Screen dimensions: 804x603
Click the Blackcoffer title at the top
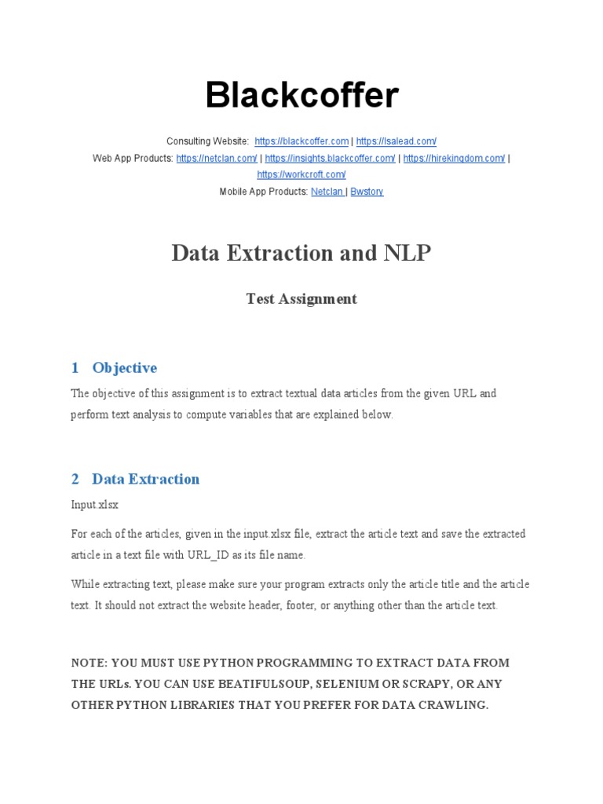click(x=301, y=96)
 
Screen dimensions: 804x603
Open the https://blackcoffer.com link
click(x=301, y=141)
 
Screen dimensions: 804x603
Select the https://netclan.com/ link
click(x=217, y=159)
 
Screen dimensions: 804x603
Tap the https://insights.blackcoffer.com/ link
click(x=330, y=159)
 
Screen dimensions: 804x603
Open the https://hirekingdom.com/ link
click(x=454, y=159)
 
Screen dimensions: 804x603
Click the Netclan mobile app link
click(x=327, y=192)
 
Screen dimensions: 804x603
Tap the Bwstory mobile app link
click(x=367, y=192)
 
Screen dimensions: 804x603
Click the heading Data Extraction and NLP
click(x=301, y=254)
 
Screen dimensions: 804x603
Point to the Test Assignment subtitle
click(x=301, y=299)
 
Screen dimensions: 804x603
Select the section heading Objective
click(x=124, y=367)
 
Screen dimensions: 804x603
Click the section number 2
click(x=75, y=479)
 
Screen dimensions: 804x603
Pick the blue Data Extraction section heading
click(x=145, y=479)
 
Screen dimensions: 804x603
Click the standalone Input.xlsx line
click(x=94, y=505)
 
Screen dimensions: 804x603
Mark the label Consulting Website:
click(x=208, y=141)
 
